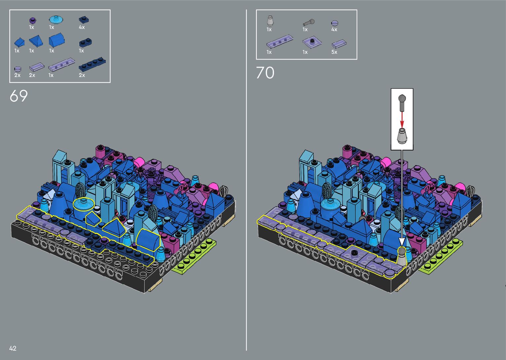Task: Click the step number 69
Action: pyautogui.click(x=19, y=96)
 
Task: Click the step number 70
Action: pyautogui.click(x=265, y=72)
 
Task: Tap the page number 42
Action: pyautogui.click(x=13, y=348)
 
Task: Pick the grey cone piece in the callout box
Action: pyautogui.click(x=402, y=136)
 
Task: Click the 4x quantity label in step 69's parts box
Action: pyautogui.click(x=82, y=27)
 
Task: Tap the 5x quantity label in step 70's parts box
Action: pyautogui.click(x=334, y=52)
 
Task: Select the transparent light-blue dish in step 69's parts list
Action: pyautogui.click(x=56, y=20)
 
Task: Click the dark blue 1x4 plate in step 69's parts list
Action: pyautogui.click(x=92, y=65)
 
